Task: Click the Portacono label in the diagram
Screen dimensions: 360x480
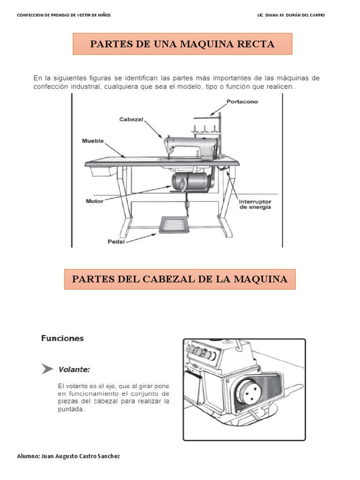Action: [242, 102]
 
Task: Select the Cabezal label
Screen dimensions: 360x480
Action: [131, 120]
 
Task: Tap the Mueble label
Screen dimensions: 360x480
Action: [93, 141]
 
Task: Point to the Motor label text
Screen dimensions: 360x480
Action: [94, 201]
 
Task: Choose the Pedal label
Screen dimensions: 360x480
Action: [116, 241]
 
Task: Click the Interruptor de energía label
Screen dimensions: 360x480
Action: [255, 204]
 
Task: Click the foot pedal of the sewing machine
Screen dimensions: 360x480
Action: [174, 225]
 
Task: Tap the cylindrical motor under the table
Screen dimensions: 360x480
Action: [190, 182]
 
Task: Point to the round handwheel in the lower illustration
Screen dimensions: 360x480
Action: [249, 393]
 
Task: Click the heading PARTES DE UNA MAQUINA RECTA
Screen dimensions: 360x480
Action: [182, 44]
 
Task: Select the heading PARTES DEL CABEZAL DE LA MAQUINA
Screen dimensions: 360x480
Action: [180, 279]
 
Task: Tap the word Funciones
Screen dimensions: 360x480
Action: [62, 338]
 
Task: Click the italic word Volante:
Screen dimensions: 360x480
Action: [74, 369]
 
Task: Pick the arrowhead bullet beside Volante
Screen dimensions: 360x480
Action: [47, 369]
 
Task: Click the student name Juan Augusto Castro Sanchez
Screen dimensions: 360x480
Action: [81, 456]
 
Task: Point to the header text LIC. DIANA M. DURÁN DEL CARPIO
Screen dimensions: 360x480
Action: [291, 15]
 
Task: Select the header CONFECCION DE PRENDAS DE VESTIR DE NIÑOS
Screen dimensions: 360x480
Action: [64, 15]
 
